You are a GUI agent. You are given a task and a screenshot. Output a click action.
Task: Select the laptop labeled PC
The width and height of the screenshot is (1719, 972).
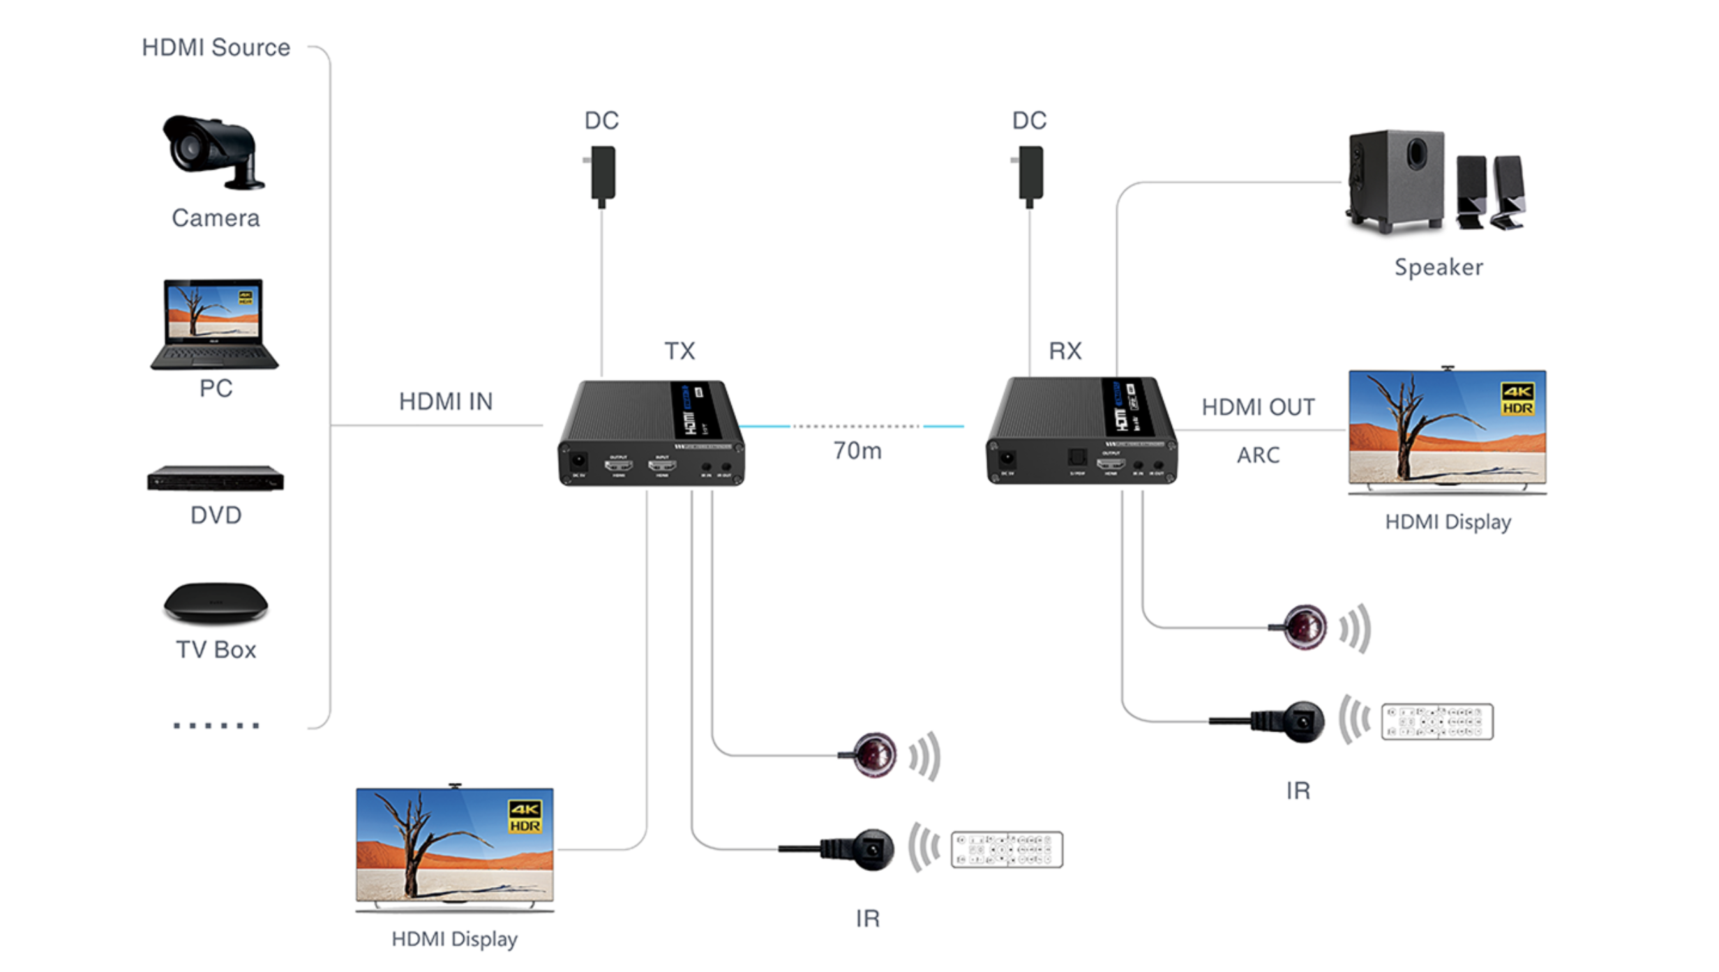coord(214,324)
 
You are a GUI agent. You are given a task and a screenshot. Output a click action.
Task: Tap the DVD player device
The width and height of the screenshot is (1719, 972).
coord(216,479)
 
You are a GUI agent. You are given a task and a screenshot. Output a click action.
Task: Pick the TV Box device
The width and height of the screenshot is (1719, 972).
coord(216,602)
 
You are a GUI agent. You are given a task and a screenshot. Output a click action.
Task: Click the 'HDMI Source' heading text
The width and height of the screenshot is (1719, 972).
coord(216,47)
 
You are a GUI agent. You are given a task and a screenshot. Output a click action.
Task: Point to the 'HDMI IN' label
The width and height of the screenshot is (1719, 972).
coord(446,402)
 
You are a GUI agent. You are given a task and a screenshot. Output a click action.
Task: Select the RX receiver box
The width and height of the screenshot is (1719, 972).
coord(1081,431)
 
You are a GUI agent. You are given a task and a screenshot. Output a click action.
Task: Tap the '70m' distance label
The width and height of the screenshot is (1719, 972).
coord(857,451)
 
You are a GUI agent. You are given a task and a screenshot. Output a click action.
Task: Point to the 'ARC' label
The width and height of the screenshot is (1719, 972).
coord(1259,455)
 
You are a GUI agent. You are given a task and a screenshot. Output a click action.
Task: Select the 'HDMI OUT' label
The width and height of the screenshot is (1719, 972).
coord(1259,407)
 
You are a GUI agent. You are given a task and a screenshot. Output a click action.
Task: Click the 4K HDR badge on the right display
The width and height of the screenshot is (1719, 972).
coord(1517,399)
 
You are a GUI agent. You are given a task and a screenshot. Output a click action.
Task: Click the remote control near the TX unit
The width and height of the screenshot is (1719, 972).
coord(1007,849)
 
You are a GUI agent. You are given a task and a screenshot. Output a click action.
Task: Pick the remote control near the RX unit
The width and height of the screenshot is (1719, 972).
coord(1437,722)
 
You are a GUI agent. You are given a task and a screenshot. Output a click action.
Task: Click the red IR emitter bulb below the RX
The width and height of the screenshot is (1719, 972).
coord(1305,627)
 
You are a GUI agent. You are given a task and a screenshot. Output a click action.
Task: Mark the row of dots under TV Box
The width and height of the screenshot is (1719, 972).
coord(216,726)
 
